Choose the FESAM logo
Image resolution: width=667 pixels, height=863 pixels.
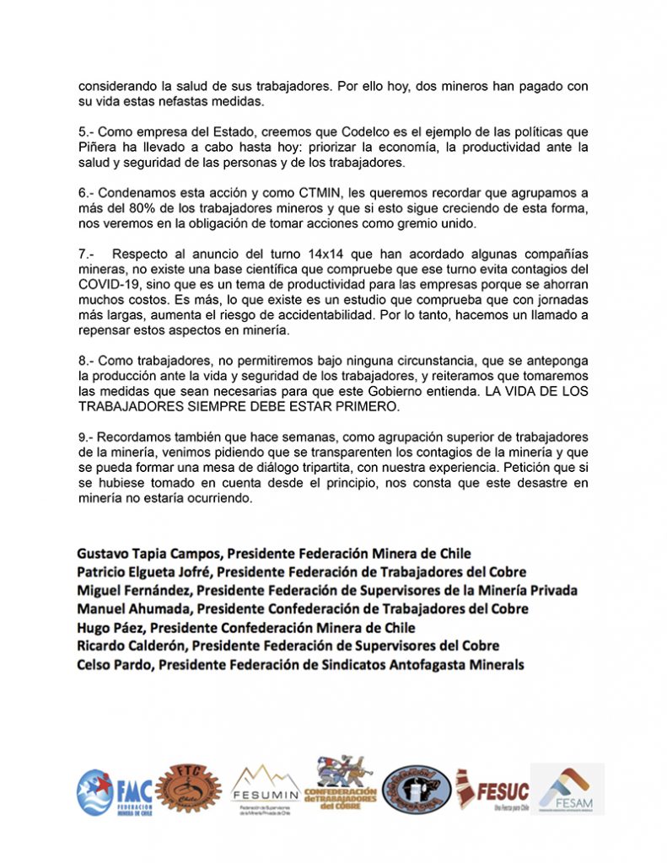point(566,789)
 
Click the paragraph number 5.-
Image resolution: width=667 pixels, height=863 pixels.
point(87,132)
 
